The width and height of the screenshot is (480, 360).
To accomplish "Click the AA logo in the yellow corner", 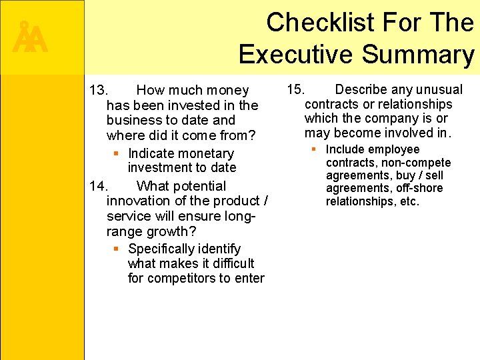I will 30,38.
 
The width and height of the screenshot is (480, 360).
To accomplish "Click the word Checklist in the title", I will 320,23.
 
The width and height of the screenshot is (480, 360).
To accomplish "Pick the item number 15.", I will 296,89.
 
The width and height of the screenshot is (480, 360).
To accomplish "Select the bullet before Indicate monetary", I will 116,153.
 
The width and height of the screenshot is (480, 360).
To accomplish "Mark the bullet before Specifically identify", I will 116,249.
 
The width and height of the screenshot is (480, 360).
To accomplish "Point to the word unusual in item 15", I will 437,89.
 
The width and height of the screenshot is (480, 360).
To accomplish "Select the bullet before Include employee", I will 314,149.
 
